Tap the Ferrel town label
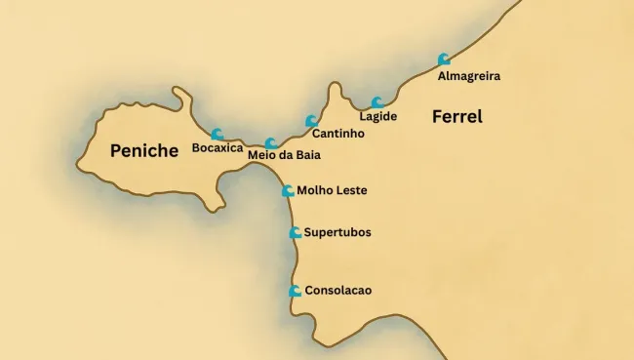coord(457,117)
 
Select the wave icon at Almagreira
coord(444,60)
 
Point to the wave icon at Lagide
coord(377,102)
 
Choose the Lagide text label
coord(378,117)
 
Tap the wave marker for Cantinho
coord(311,121)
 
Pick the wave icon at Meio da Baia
coord(271,142)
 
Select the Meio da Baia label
coord(284,155)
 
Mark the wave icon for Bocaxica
coord(217,135)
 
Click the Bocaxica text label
coord(218,148)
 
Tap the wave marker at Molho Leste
coord(288,191)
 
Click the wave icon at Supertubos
coord(295,232)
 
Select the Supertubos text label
coord(337,233)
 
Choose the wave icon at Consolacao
coord(295,291)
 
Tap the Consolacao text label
coord(337,291)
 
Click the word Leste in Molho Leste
coord(350,191)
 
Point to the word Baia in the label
coord(306,155)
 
